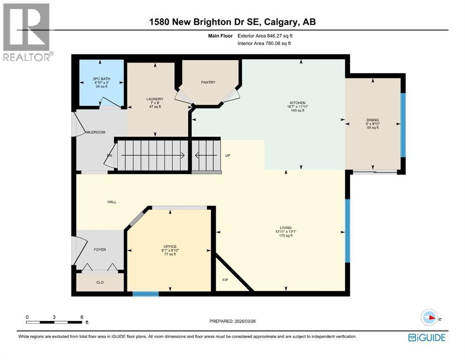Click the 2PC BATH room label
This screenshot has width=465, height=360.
click(x=101, y=79)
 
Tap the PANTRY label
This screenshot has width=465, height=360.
click(x=208, y=82)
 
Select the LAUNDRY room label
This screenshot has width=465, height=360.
click(x=155, y=99)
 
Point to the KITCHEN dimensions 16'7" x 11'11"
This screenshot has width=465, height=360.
click(x=297, y=107)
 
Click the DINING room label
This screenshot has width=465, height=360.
click(x=373, y=120)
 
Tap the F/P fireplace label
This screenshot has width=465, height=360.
click(x=225, y=280)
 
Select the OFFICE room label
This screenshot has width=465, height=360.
click(x=170, y=246)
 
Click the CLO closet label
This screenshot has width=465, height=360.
click(x=100, y=282)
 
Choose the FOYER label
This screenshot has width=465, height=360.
click(x=99, y=250)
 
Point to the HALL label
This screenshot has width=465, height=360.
click(x=111, y=202)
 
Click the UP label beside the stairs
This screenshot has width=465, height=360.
click(x=228, y=156)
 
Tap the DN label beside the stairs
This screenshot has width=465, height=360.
click(x=110, y=156)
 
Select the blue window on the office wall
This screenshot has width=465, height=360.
click(x=145, y=294)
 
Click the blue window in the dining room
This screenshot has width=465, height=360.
click(x=403, y=125)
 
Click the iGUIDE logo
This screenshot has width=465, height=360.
click(x=427, y=337)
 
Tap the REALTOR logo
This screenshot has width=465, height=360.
click(x=27, y=32)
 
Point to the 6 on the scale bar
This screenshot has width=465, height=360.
click(x=81, y=317)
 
